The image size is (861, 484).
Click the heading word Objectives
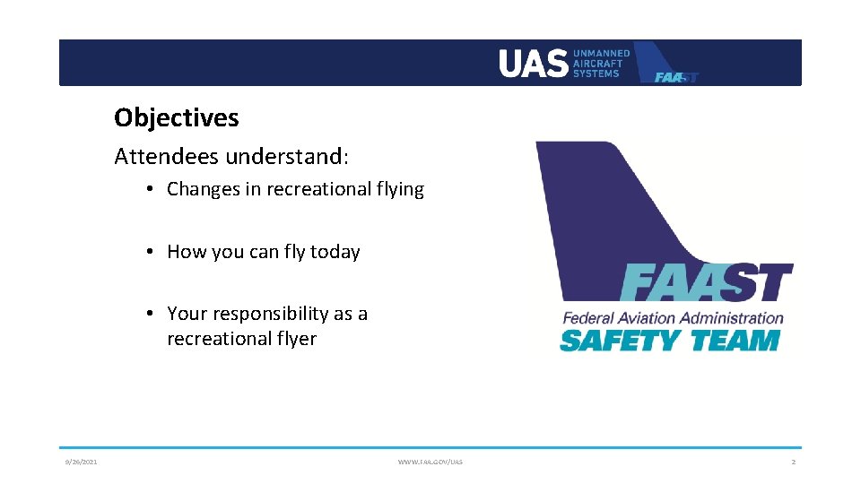[176, 117]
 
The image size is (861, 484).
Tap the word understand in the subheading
[286, 157]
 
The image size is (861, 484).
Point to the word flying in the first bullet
[399, 189]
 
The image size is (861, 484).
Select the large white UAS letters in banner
[533, 64]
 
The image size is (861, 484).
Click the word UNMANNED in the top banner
[601, 54]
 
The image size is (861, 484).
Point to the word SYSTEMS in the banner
[596, 73]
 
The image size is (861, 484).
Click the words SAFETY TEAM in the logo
[669, 341]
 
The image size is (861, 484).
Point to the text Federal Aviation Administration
[673, 318]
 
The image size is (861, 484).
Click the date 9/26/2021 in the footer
[81, 462]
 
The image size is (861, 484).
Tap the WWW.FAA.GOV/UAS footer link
[430, 462]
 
